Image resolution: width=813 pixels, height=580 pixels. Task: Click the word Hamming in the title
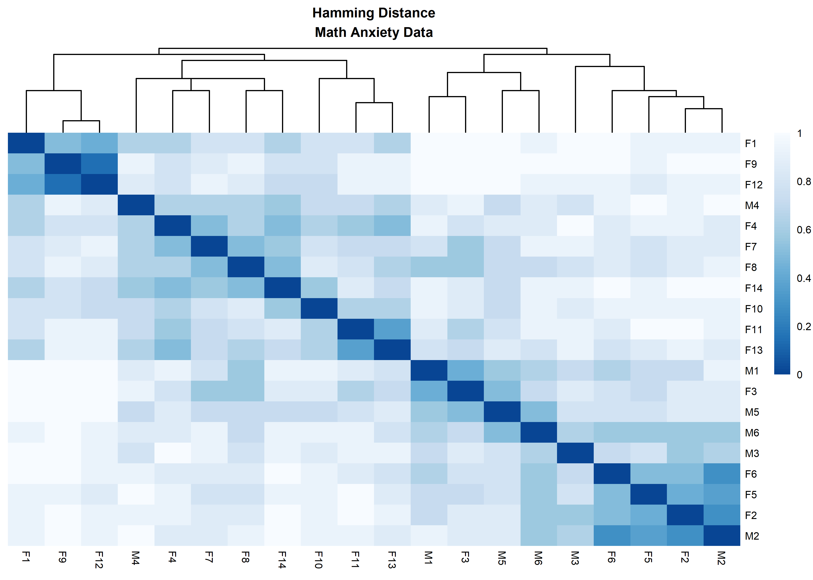coord(342,13)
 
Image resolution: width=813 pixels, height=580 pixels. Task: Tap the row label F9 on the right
coord(751,164)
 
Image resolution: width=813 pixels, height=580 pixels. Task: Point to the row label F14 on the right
coord(753,288)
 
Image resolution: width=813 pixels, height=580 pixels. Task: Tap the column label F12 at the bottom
coord(99,560)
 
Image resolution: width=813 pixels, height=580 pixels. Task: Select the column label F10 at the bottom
coord(319,560)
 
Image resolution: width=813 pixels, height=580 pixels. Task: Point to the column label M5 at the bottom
coord(502,558)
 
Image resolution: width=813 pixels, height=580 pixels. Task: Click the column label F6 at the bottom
coord(612,557)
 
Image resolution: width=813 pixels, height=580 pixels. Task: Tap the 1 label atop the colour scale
coord(800,134)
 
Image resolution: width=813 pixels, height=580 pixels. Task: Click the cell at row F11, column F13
coord(392,329)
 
